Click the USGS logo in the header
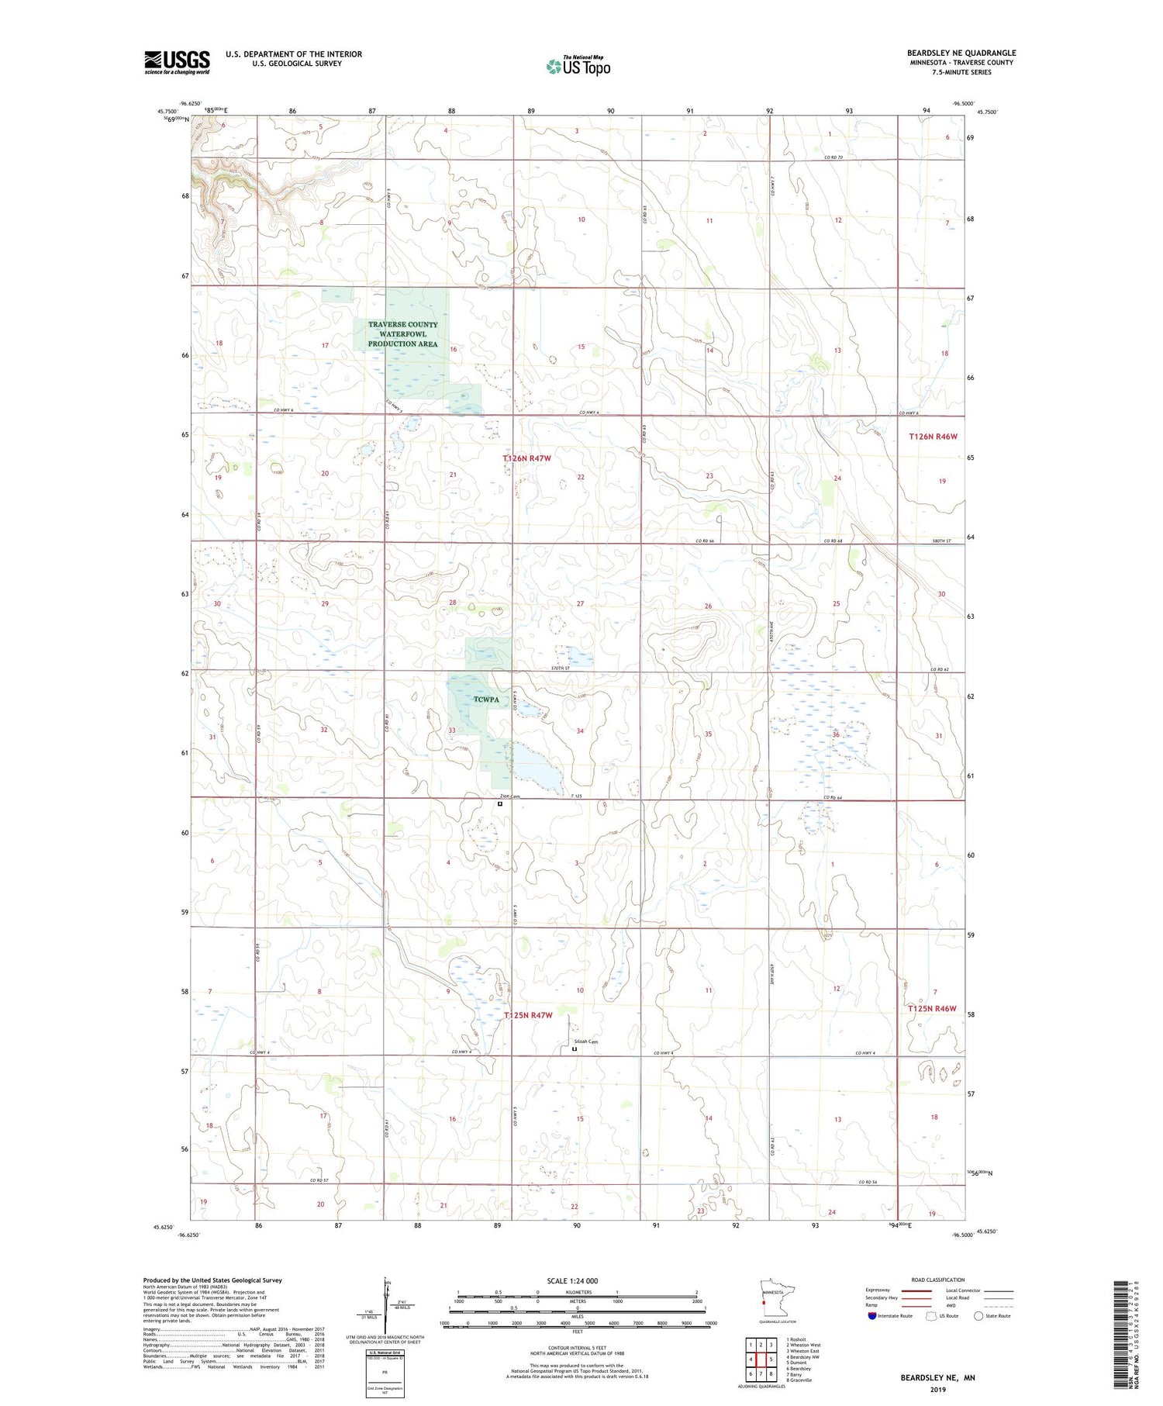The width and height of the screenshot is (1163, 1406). tap(177, 62)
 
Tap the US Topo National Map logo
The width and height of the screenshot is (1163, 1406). tap(578, 67)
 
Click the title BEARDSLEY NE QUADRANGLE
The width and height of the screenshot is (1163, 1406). tap(961, 53)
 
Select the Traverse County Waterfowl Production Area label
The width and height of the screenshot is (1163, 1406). tap(402, 334)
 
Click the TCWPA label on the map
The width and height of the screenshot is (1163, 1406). tap(486, 700)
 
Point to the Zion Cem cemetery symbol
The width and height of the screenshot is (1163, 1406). tap(500, 804)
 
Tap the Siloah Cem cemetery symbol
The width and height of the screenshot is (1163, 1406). tap(575, 1049)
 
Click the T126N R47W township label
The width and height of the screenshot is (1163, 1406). tap(526, 458)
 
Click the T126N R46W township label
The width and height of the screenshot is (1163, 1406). tap(933, 437)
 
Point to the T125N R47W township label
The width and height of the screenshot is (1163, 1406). tap(527, 1015)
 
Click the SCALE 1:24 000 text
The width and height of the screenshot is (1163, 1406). tap(572, 1280)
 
